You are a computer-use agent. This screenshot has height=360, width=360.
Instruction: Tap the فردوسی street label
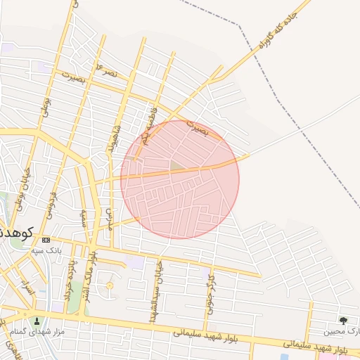(x=51, y=200)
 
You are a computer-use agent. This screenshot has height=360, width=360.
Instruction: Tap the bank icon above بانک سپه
(x=46, y=239)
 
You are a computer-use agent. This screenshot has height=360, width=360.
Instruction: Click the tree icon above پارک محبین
(x=343, y=321)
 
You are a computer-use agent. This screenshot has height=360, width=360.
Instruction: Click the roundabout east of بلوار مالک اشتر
(x=109, y=286)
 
